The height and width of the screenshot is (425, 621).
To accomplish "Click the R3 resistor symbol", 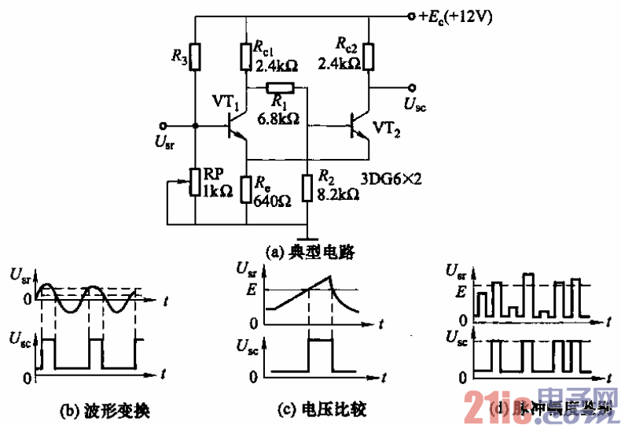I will click(195, 56).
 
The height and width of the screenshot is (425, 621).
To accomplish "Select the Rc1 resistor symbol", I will click(246, 56).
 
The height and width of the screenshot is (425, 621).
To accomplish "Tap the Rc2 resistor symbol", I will click(367, 57).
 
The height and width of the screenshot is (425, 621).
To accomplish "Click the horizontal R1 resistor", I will click(279, 87).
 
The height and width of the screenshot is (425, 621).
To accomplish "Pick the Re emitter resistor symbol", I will click(246, 189).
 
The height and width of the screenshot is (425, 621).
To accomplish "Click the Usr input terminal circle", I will click(164, 125).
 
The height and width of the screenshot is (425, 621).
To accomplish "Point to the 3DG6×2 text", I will click(392, 179).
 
